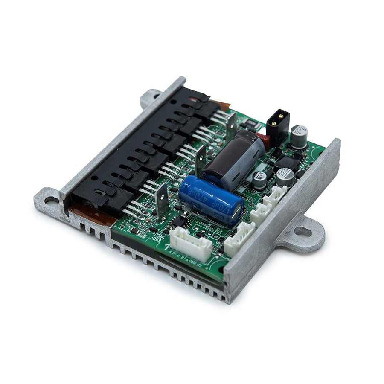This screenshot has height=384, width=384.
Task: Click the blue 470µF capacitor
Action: pyautogui.click(x=209, y=198)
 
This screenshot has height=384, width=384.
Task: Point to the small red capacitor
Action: pyautogui.click(x=263, y=141)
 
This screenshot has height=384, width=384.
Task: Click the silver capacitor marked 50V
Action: pyautogui.click(x=299, y=136)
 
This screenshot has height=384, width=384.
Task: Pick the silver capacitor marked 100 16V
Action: pyautogui.click(x=285, y=176)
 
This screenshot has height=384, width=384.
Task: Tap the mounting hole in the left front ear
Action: pyautogui.click(x=51, y=201)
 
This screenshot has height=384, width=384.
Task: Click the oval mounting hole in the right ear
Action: pyautogui.click(x=303, y=232)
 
